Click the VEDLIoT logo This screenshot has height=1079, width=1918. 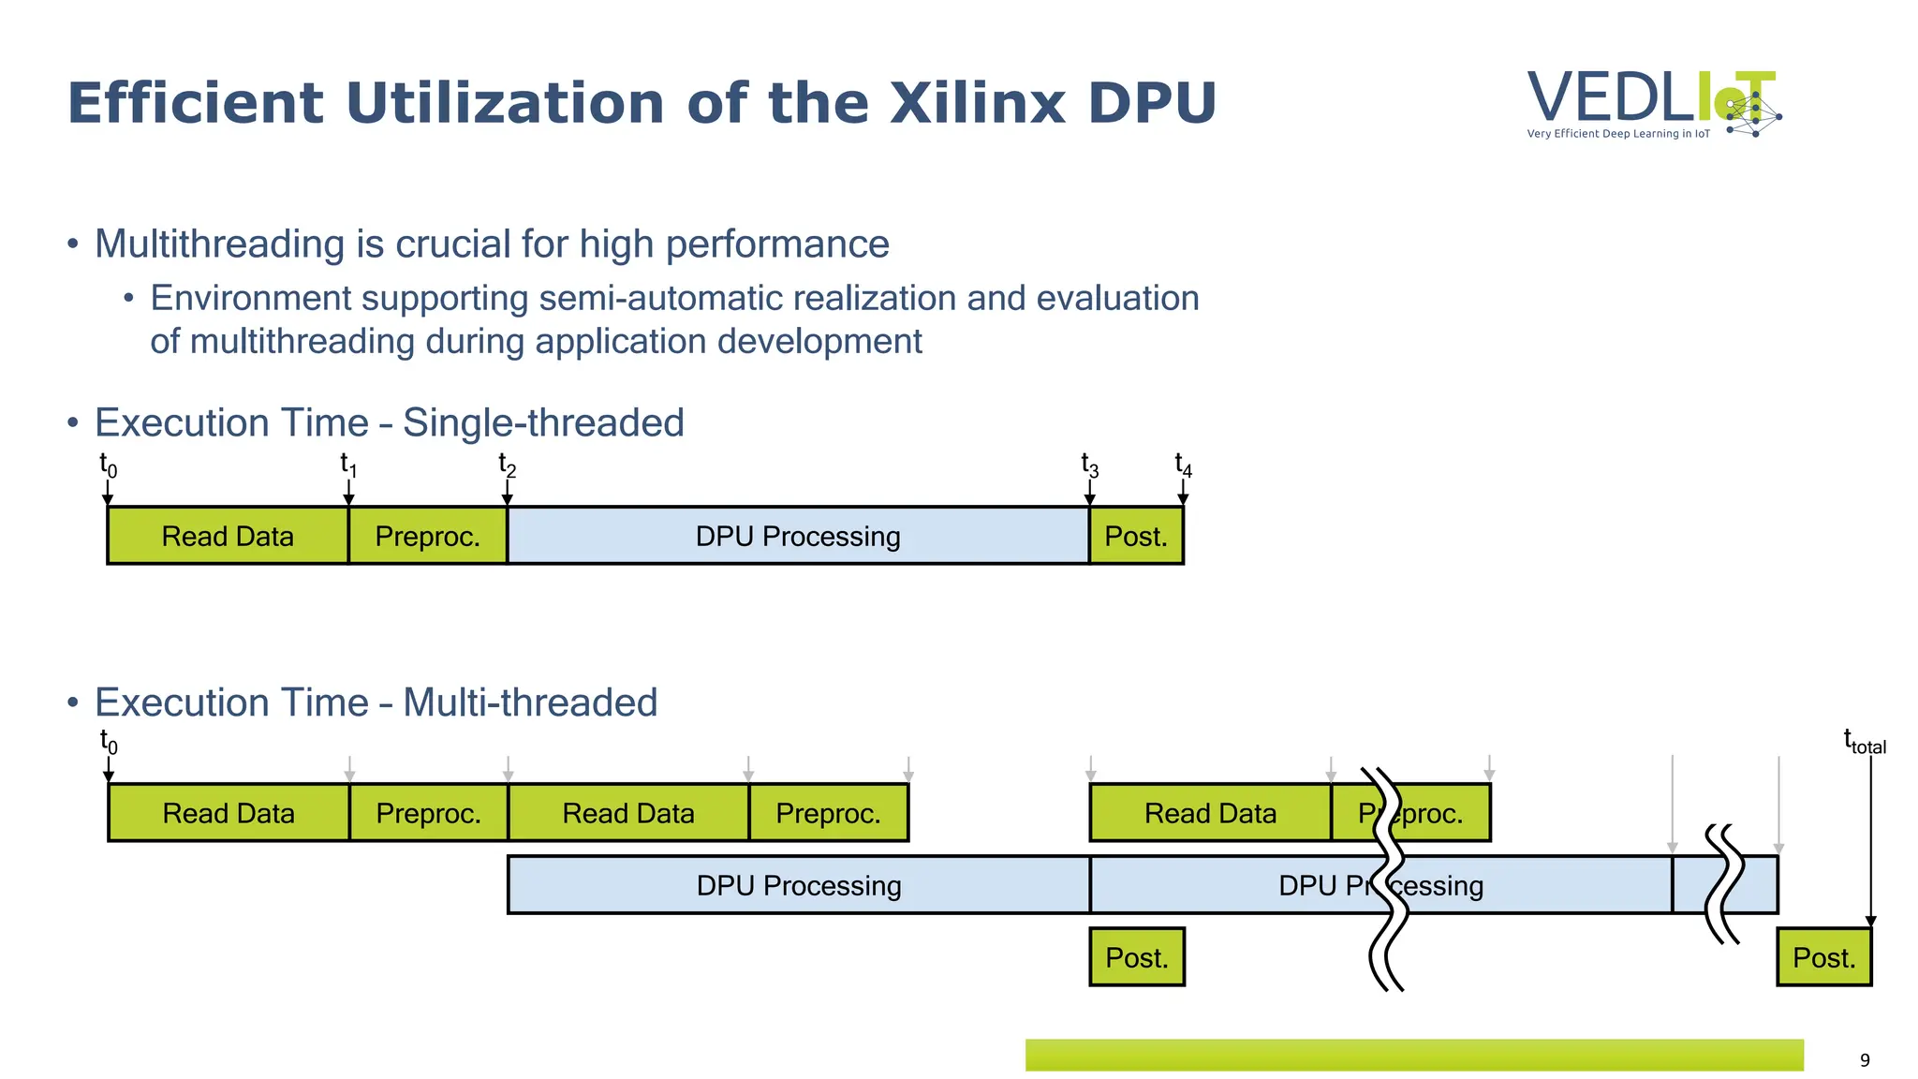1653,103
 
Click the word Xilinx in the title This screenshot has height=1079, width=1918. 978,103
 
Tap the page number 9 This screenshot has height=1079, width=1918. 1864,1059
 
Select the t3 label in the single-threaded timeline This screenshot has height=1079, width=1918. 1089,465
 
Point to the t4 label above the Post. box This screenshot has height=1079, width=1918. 1183,465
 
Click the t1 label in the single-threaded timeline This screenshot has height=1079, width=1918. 347,465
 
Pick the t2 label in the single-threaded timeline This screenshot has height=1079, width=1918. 507,465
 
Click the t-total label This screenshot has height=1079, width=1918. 1864,742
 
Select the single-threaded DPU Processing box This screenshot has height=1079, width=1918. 798,536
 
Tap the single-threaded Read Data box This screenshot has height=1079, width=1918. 228,536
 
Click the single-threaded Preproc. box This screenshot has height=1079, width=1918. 427,536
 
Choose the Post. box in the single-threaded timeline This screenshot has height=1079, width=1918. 1136,536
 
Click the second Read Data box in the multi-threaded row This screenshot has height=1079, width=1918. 628,813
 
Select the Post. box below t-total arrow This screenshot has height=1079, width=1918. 1823,957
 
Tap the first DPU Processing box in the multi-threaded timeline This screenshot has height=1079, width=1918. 799,885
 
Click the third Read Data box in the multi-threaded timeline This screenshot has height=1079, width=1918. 1210,813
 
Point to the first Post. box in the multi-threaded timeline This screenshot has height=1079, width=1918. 1137,957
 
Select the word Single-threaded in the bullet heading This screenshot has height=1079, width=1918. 543,423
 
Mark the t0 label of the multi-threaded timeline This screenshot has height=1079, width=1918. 109,742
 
